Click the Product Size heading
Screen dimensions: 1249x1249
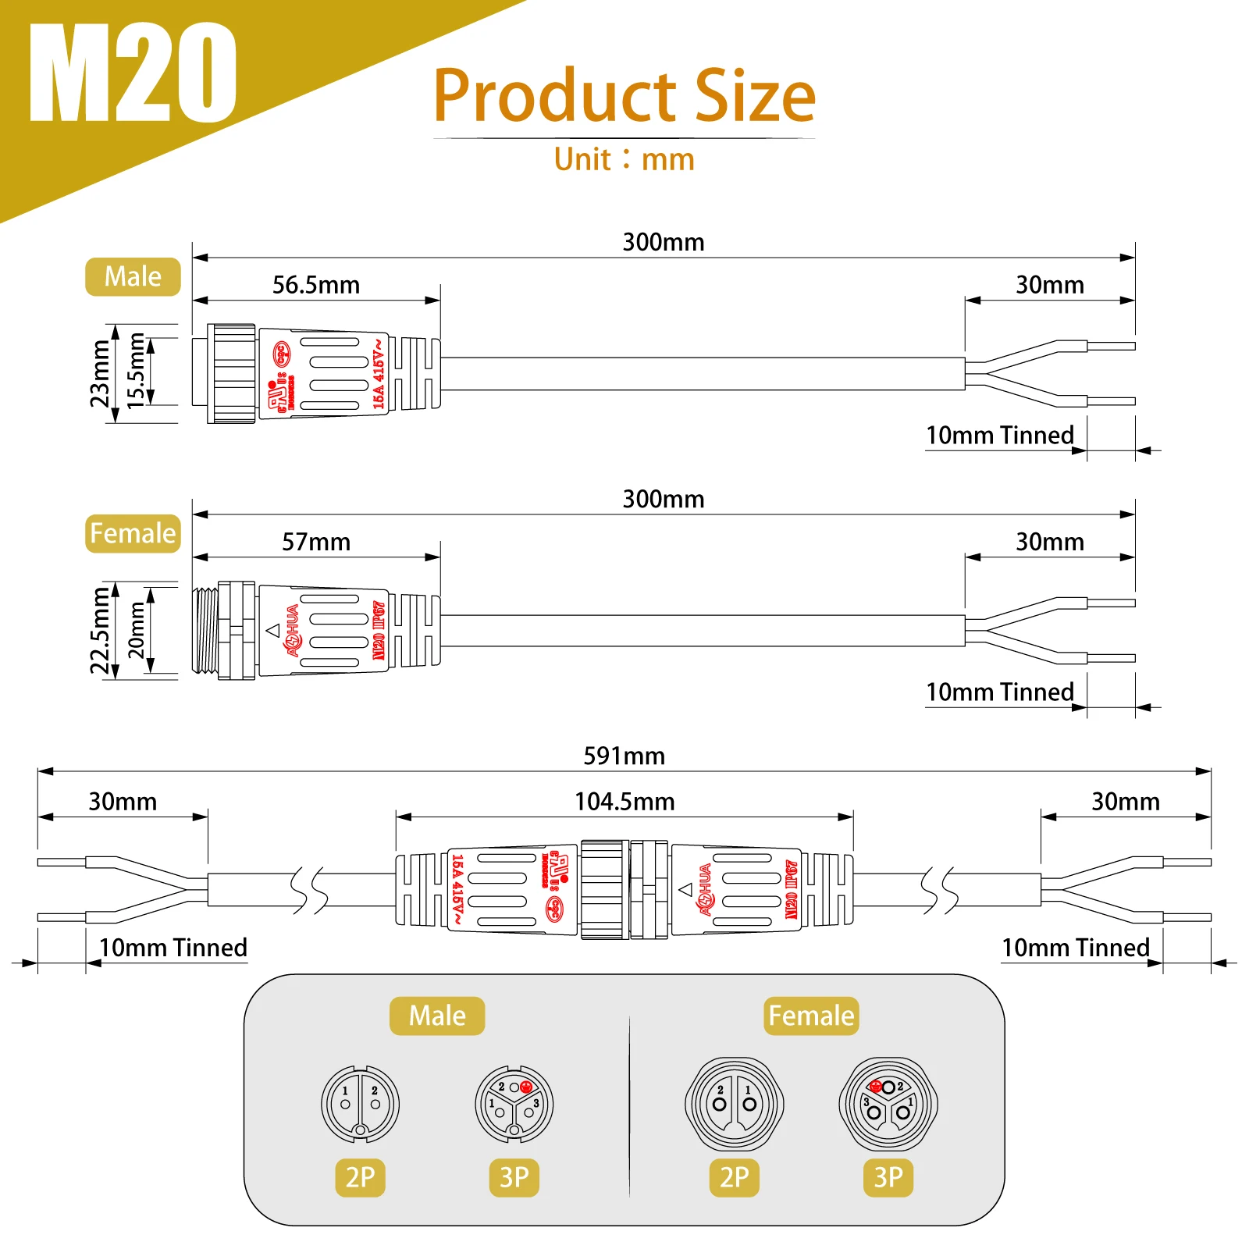(x=624, y=96)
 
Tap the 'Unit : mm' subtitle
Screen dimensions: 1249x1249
(x=624, y=159)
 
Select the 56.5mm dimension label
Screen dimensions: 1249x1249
(x=316, y=285)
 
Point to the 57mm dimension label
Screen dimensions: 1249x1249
(x=316, y=542)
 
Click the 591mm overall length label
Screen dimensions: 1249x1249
(x=624, y=756)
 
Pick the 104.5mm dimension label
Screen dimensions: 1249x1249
(x=624, y=802)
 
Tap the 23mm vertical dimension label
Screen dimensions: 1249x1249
(x=100, y=374)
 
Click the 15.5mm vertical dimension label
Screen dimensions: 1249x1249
(x=137, y=371)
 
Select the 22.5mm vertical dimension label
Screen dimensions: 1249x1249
(x=100, y=631)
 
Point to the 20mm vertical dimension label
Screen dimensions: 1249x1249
(x=137, y=630)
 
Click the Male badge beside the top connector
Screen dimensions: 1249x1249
(x=133, y=277)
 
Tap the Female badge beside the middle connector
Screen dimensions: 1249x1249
(x=133, y=534)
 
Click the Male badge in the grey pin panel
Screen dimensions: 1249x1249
(x=437, y=1016)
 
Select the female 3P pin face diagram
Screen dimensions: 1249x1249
(x=888, y=1104)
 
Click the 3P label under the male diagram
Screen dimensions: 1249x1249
(x=514, y=1177)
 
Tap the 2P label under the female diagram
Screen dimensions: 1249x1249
(x=735, y=1177)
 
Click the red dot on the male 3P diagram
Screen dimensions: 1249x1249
(x=526, y=1087)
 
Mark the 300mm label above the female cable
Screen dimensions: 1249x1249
(x=663, y=499)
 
